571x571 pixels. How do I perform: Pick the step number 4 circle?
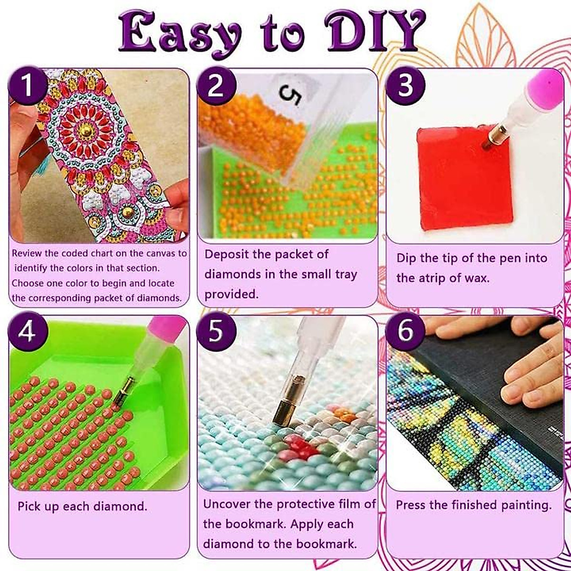tap(28, 332)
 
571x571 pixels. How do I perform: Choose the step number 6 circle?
tap(405, 332)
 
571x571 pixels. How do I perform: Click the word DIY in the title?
tap(376, 32)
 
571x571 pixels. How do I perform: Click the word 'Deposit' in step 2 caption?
tap(226, 254)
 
